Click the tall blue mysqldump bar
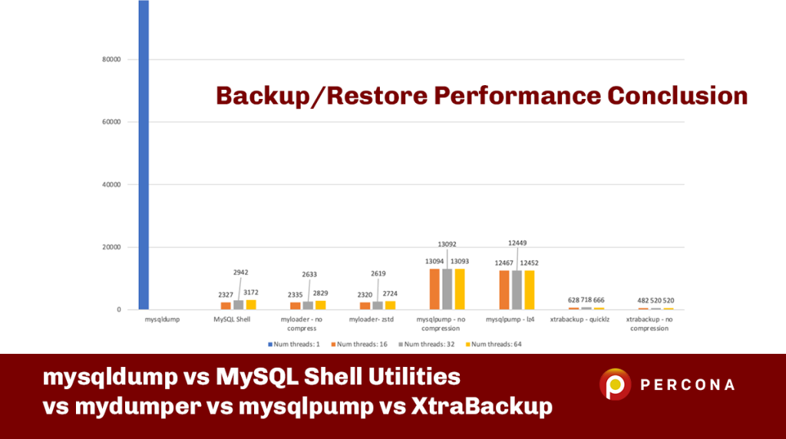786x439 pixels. [144, 153]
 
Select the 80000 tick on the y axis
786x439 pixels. [111, 59]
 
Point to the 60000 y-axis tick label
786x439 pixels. [111, 122]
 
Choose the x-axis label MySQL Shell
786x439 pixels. [232, 319]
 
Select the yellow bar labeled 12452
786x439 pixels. [529, 290]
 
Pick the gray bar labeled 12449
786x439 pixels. [516, 290]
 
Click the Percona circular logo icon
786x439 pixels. [615, 385]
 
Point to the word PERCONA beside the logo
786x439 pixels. [688, 385]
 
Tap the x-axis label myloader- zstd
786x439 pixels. [371, 319]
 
